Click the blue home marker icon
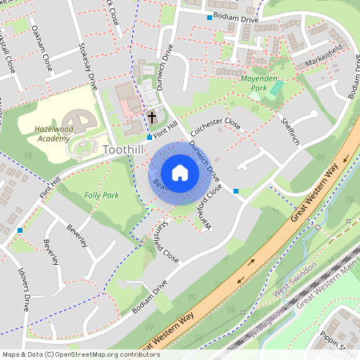pyautogui.click(x=180, y=172)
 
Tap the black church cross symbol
pyautogui.click(x=152, y=118)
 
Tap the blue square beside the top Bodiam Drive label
pyautogui.click(x=210, y=17)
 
